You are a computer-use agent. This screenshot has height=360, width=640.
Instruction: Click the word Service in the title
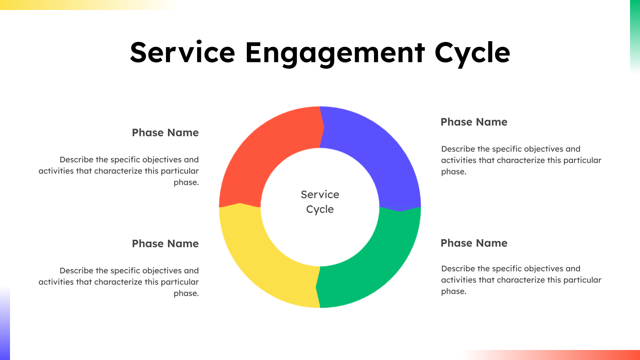[x=182, y=53]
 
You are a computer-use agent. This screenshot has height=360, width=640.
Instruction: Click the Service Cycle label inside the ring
[x=320, y=202]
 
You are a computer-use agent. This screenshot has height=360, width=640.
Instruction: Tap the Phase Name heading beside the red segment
[x=165, y=133]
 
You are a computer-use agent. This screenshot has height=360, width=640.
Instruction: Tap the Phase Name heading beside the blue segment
[x=474, y=122]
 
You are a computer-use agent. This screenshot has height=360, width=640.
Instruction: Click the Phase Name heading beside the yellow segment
[x=165, y=244]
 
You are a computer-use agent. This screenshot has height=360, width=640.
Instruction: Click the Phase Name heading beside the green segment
[x=474, y=243]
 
